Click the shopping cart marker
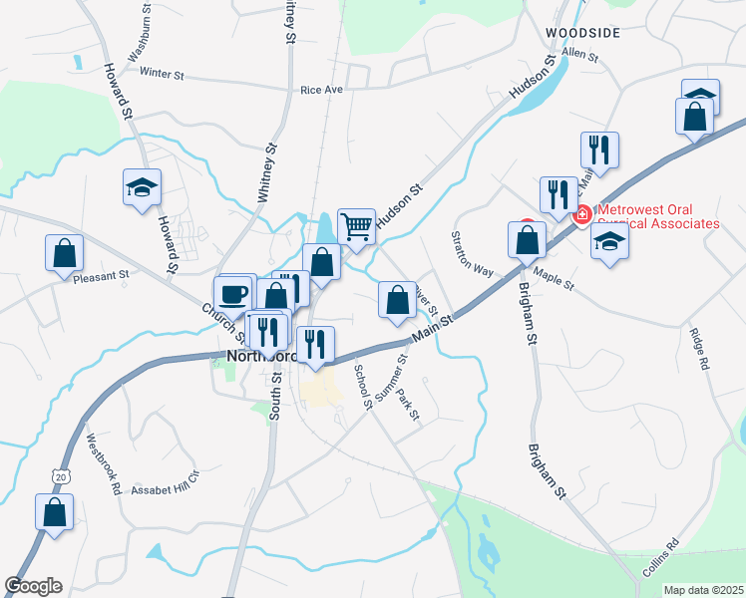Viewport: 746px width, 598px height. point(356,226)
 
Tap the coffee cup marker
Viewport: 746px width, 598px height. point(232,294)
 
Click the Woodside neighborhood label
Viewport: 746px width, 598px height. point(583,33)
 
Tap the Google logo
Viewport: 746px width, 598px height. point(33,586)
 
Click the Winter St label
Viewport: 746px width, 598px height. point(163,73)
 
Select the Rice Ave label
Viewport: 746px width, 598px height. point(321,90)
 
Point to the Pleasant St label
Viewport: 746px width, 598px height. point(102,275)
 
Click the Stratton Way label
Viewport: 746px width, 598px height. point(472,254)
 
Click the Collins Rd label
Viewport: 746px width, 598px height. point(659,558)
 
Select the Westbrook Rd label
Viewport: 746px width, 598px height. point(103,463)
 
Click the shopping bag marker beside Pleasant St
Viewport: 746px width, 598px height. point(64,253)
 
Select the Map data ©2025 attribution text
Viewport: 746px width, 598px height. point(703,590)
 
